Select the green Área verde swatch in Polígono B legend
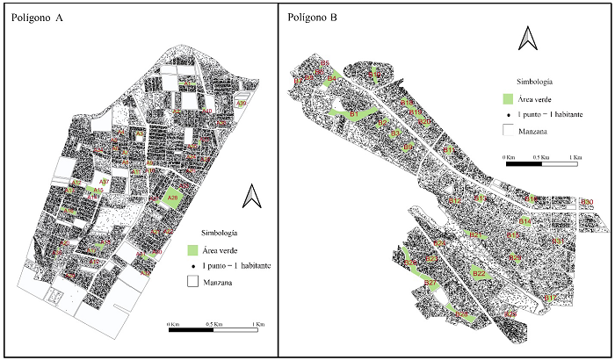coord(508,99)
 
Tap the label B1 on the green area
coord(355,113)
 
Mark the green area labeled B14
coord(524,221)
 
